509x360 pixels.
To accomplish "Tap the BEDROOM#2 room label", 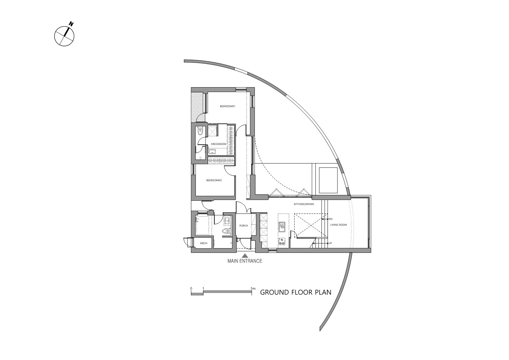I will coord(214,180).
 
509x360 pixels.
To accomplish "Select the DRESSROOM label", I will coord(219,144).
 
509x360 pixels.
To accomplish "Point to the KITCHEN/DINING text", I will coord(304,204).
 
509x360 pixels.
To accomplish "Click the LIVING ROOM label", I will coord(338,225).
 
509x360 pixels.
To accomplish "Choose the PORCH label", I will coord(244,226).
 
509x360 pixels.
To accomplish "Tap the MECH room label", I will coord(204,243).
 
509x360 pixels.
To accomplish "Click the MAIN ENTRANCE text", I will coord(245,261).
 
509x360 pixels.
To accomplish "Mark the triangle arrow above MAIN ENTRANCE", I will coord(245,255).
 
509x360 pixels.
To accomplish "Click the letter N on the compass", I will coord(71,24).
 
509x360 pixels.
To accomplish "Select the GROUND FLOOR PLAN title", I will coord(296,292).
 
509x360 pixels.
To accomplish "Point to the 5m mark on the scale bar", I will coord(253,289).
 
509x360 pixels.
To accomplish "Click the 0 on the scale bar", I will coord(191,289).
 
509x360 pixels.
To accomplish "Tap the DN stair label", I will coord(331,219).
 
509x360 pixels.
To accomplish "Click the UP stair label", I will coord(330,243).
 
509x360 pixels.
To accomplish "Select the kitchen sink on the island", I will coord(282,226).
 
